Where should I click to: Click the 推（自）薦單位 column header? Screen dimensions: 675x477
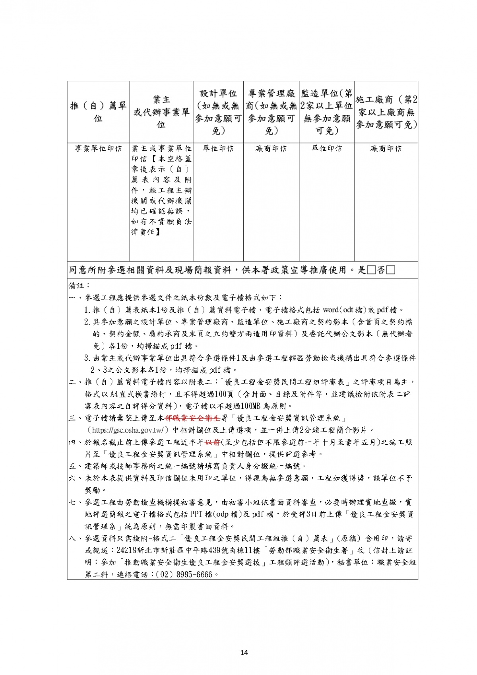point(98,112)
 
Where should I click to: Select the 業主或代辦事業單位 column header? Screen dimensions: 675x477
point(161,112)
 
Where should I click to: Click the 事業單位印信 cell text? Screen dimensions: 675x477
point(98,148)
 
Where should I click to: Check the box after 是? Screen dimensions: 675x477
point(371,270)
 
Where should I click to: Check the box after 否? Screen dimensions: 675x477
point(390,270)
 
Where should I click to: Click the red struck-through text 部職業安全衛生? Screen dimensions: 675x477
point(192,418)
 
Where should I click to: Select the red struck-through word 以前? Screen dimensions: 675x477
point(213,442)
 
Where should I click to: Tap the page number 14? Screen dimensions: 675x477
point(244,652)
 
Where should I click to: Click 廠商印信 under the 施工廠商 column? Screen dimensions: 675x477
point(386,148)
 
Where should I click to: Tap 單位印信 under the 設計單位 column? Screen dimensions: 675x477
point(218,148)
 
